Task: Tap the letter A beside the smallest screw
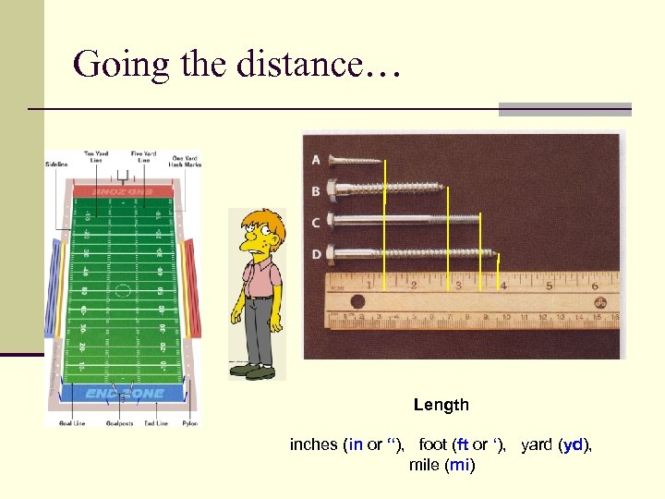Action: click(316, 160)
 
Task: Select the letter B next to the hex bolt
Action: click(316, 191)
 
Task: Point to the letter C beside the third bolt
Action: click(316, 223)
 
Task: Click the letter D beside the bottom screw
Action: click(316, 253)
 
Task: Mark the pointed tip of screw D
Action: click(504, 252)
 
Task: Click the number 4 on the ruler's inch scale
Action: click(502, 286)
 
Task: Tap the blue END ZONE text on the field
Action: click(124, 393)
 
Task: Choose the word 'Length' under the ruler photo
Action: click(441, 405)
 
